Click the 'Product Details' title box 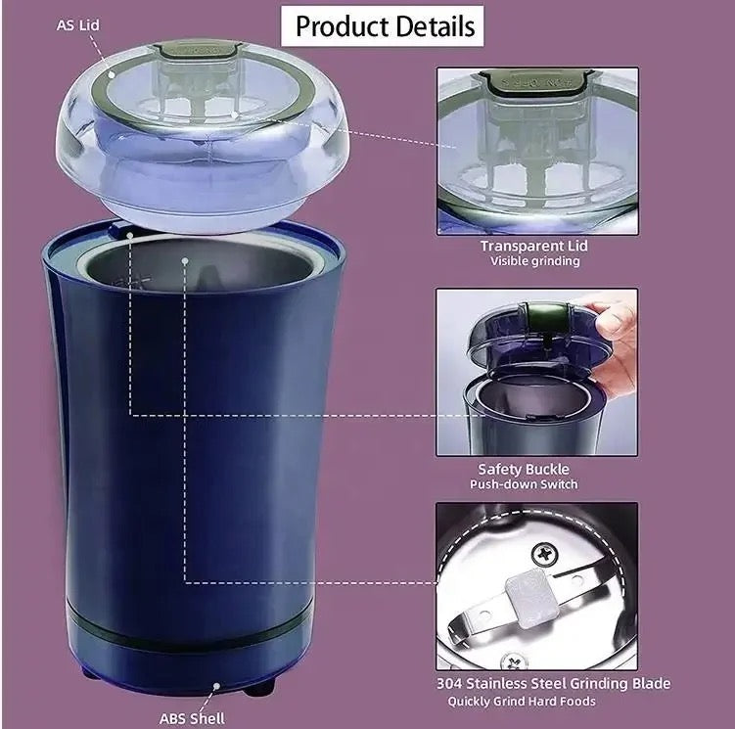pos(382,26)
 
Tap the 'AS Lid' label pos(78,24)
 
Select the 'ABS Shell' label pos(192,718)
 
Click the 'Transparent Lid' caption pos(534,247)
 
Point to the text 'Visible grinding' pos(534,261)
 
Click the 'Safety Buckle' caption pos(524,470)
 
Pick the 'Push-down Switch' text pos(524,484)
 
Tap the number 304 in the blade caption pos(449,684)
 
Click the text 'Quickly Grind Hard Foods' pos(522,702)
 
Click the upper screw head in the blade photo pos(545,555)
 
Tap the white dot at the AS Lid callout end pos(112,74)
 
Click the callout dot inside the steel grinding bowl pos(185,260)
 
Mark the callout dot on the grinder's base pos(216,686)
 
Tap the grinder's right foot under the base pos(259,687)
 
